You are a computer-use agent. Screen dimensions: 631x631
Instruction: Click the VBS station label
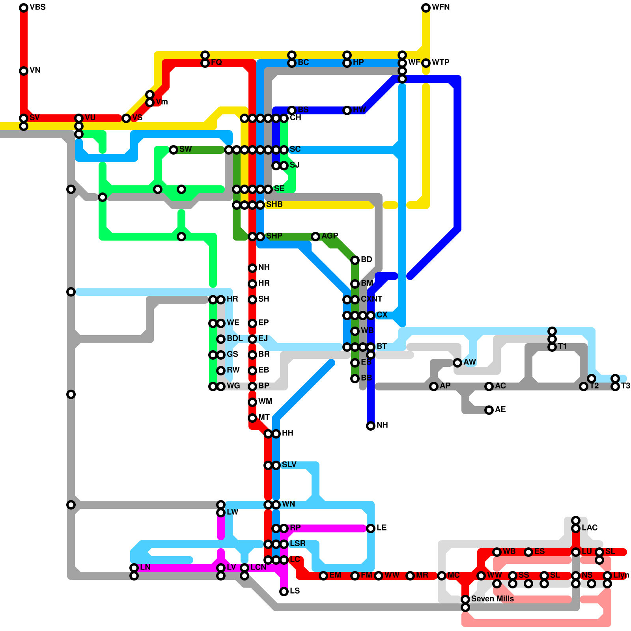pyautogui.click(x=37, y=7)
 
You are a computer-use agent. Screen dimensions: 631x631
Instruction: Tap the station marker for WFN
pyautogui.click(x=426, y=8)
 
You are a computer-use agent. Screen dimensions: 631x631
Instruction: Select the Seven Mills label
pyautogui.click(x=492, y=599)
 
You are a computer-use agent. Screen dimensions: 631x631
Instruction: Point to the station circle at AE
pyautogui.click(x=489, y=410)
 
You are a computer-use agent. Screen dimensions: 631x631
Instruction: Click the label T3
pyautogui.click(x=625, y=386)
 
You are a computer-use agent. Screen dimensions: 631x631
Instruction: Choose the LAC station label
pyautogui.click(x=590, y=528)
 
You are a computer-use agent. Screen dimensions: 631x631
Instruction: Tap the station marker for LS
pyautogui.click(x=284, y=592)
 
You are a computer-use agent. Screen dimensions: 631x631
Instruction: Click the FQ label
pyautogui.click(x=217, y=62)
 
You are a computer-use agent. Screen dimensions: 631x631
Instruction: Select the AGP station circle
pyautogui.click(x=315, y=237)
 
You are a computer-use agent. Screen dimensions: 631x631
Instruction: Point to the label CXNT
pyautogui.click(x=372, y=299)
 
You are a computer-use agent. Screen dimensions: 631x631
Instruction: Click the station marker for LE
pyautogui.click(x=371, y=528)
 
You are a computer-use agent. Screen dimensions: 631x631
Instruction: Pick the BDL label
pyautogui.click(x=235, y=338)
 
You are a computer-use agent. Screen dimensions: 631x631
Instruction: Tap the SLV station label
pyautogui.click(x=289, y=465)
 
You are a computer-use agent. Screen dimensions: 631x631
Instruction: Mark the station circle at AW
pyautogui.click(x=457, y=363)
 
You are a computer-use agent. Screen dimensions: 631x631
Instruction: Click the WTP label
pyautogui.click(x=441, y=62)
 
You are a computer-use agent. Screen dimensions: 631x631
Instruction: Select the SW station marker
pyautogui.click(x=174, y=150)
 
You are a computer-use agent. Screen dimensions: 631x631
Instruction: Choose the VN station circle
pyautogui.click(x=24, y=71)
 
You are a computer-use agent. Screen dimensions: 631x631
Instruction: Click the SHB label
pyautogui.click(x=274, y=204)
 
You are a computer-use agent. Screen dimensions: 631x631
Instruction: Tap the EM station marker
pyautogui.click(x=323, y=576)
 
